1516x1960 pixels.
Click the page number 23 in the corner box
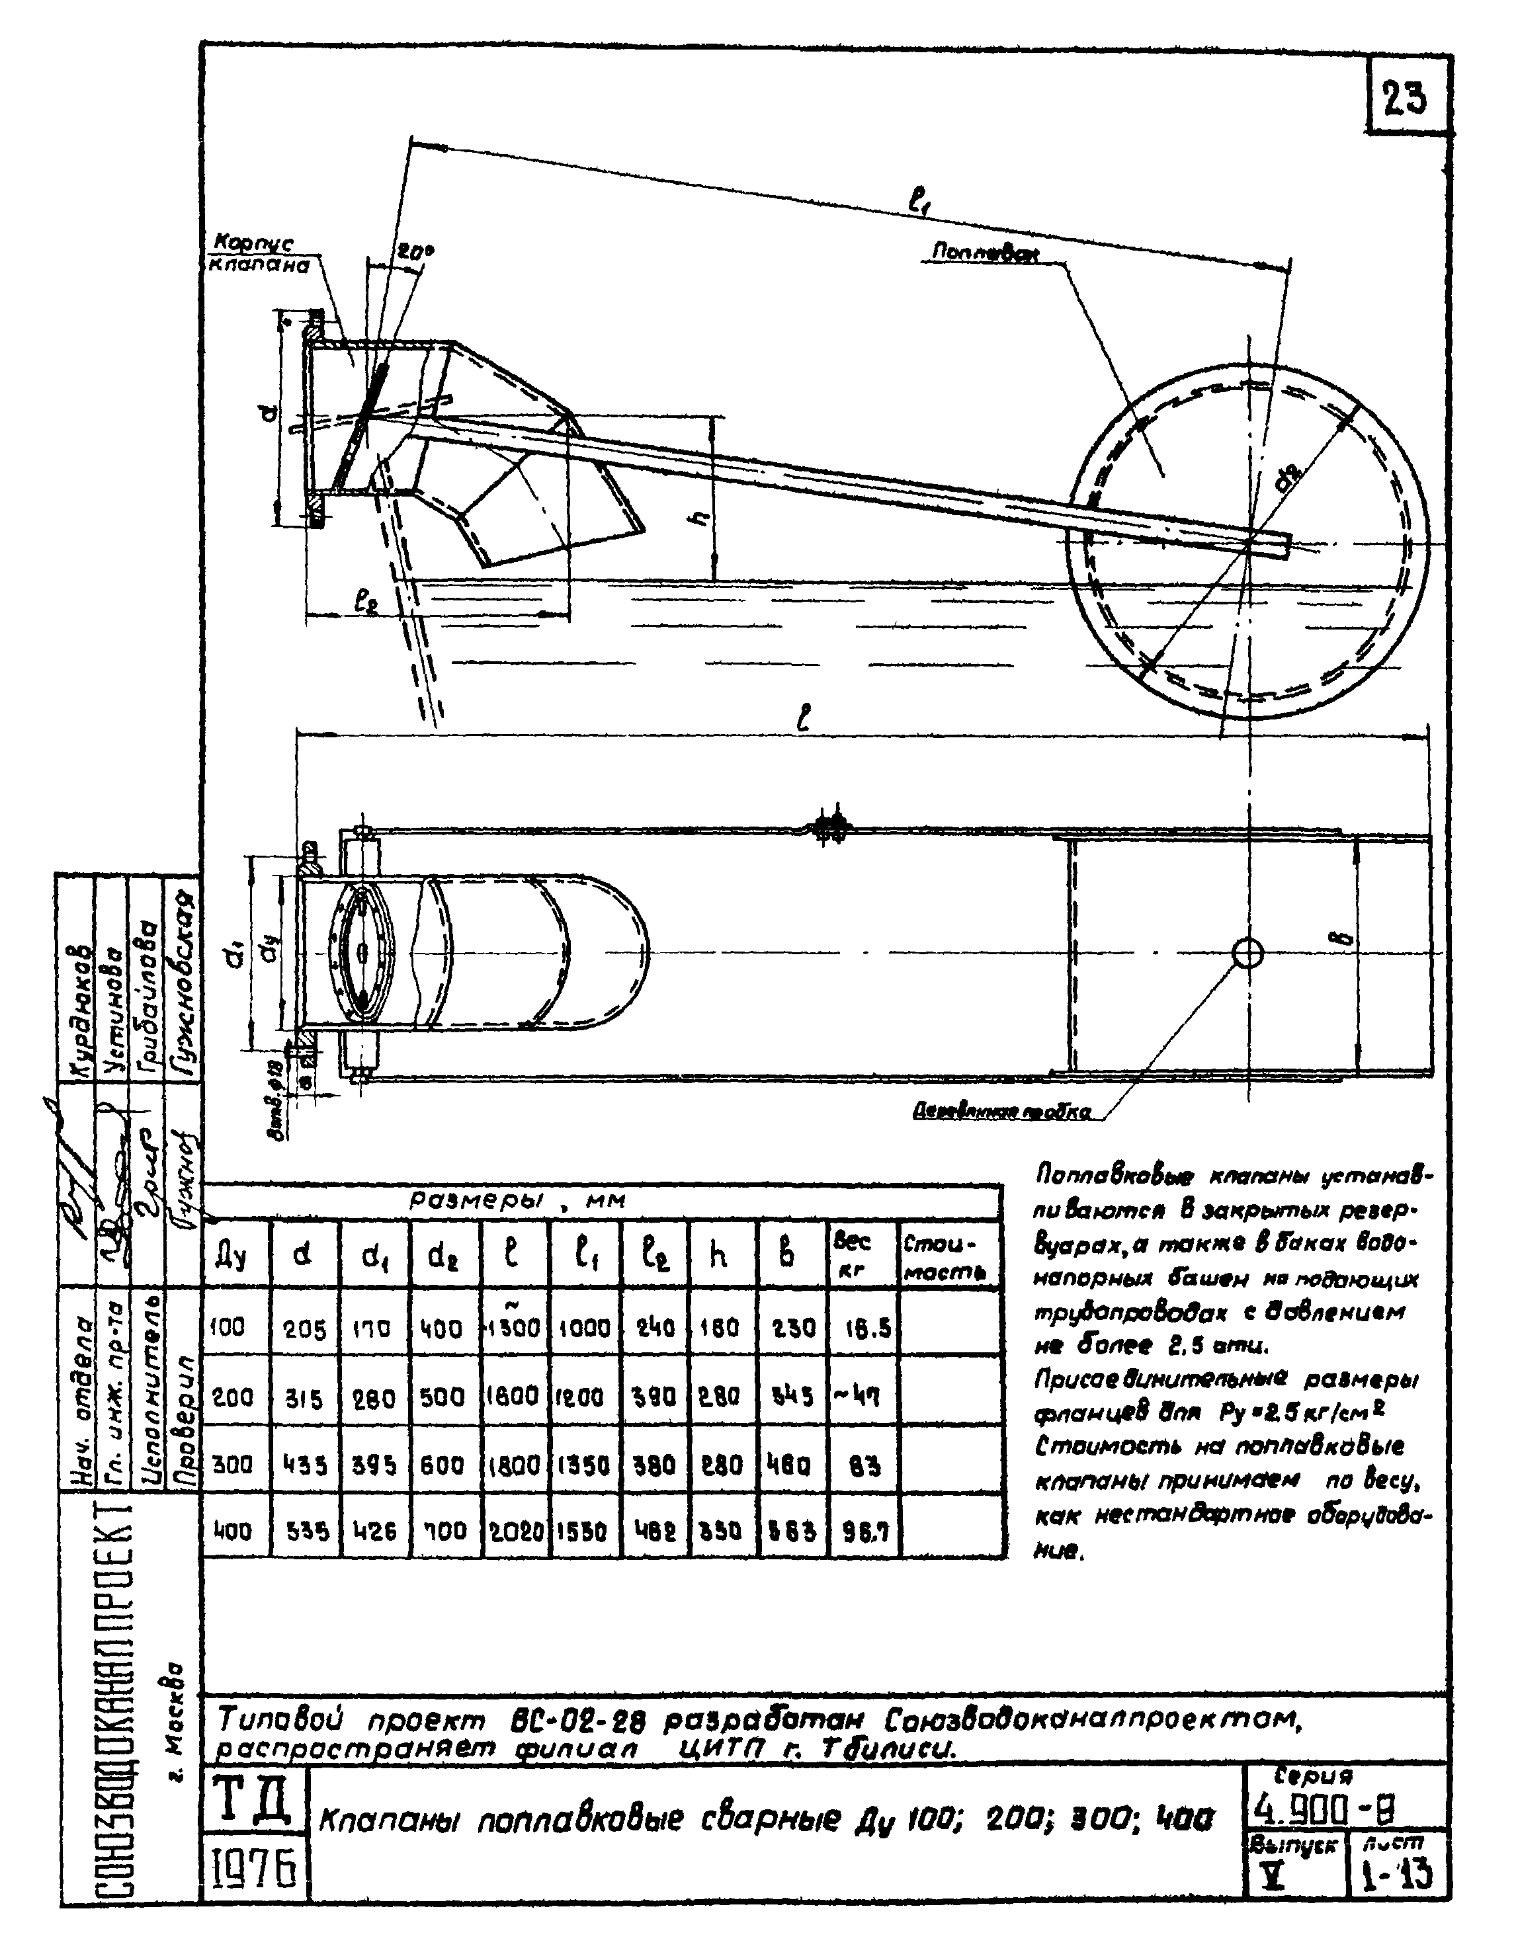point(1405,98)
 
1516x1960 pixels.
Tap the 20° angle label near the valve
point(414,253)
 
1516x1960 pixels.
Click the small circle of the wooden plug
point(1247,953)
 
